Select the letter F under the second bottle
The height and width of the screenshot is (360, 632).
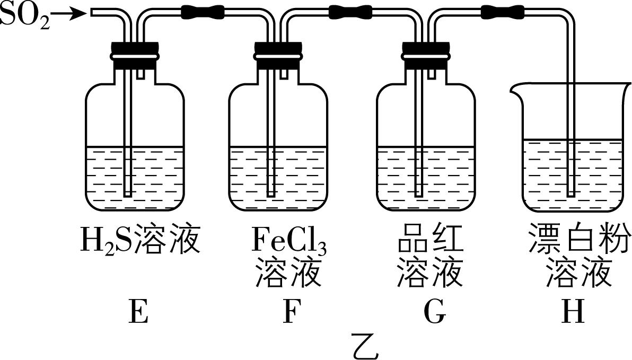(x=289, y=313)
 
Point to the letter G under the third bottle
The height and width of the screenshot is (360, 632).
(x=435, y=313)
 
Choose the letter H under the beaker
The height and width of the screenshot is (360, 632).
(x=573, y=313)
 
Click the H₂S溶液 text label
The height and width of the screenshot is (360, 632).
(x=140, y=240)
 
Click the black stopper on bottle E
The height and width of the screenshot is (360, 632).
(x=135, y=55)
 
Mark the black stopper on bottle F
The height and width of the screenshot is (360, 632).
(x=278, y=55)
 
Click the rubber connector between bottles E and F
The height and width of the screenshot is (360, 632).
(x=202, y=11)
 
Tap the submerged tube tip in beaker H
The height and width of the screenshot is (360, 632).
(x=571, y=194)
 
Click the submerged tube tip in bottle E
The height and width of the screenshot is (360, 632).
(x=127, y=194)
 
